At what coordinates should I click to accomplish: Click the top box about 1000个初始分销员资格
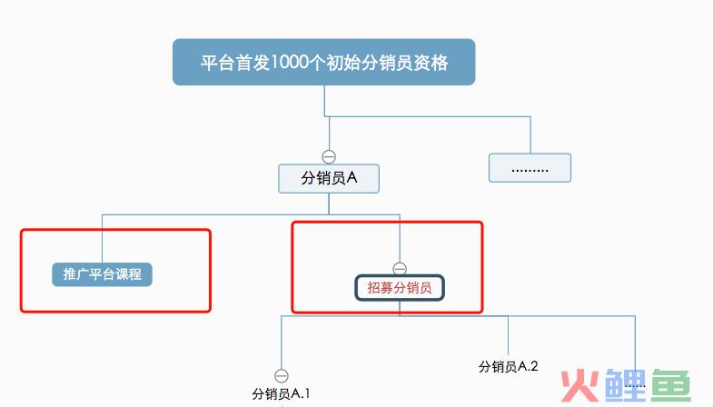[x=323, y=62]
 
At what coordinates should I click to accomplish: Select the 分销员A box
[x=329, y=179]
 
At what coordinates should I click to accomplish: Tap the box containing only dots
[x=530, y=168]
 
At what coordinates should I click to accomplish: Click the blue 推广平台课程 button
[x=102, y=274]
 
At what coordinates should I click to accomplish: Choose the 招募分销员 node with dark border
[x=400, y=287]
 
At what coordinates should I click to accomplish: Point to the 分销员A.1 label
[x=281, y=393]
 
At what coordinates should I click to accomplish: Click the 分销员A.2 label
[x=508, y=366]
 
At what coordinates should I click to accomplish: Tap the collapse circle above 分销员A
[x=329, y=157]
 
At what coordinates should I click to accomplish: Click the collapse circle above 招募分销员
[x=400, y=269]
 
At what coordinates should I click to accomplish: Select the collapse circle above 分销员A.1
[x=282, y=375]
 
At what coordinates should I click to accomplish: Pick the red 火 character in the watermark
[x=579, y=385]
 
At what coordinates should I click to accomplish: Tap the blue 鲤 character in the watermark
[x=625, y=385]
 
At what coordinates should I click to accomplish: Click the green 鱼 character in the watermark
[x=671, y=385]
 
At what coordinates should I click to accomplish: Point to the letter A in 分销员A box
[x=352, y=178]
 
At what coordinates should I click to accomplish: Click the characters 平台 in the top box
[x=218, y=63]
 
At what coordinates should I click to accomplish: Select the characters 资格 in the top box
[x=431, y=63]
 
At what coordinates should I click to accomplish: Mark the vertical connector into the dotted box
[x=530, y=135]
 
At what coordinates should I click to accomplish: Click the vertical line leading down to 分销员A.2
[x=508, y=336]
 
